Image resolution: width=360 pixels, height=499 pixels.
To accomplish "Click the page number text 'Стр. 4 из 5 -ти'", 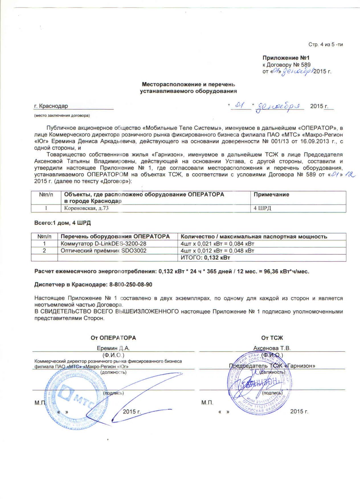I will pos(326,45).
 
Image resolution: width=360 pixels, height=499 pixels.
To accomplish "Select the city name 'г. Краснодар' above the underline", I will pos(51,106).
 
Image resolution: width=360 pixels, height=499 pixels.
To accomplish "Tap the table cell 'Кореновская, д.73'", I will pos(86,208).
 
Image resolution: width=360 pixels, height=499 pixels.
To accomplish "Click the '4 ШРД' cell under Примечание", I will pos(262,208).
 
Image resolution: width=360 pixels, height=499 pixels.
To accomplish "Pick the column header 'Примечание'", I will pos(271,195).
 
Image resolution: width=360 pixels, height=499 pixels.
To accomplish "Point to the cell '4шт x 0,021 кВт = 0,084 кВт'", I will pos(217,244).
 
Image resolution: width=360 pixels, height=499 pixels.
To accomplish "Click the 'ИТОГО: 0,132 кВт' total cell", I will pos(205,258).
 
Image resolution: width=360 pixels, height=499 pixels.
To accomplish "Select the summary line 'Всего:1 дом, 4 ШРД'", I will pos(62,223).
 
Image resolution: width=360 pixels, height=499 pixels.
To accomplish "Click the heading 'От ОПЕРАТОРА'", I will pos(113,338).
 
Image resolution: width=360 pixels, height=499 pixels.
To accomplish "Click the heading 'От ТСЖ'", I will pos(272,338).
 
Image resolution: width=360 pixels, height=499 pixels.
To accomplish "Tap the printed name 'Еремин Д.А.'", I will pos(113,348).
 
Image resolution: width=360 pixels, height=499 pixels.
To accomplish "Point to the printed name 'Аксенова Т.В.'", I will pos(272,348).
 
